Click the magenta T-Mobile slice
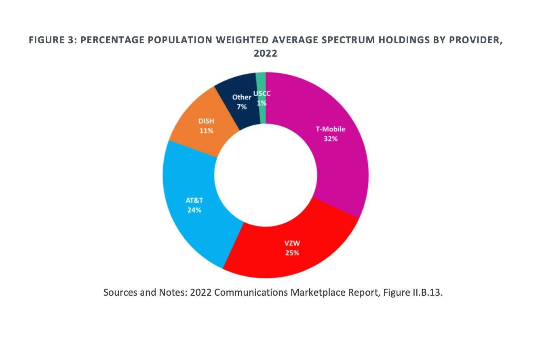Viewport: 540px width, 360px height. [340, 162]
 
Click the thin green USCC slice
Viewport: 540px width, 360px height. [261, 81]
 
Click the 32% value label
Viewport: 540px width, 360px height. [330, 139]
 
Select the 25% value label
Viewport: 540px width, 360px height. [292, 253]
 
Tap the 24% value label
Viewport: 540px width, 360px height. [194, 210]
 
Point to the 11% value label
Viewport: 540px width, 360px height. [206, 131]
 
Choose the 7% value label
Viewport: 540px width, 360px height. [242, 107]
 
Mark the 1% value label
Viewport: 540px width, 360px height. [262, 103]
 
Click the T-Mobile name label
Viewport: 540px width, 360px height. [330, 129]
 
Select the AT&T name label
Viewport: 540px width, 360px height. [194, 201]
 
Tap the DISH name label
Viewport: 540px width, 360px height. [206, 121]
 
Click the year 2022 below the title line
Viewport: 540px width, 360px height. [266, 54]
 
